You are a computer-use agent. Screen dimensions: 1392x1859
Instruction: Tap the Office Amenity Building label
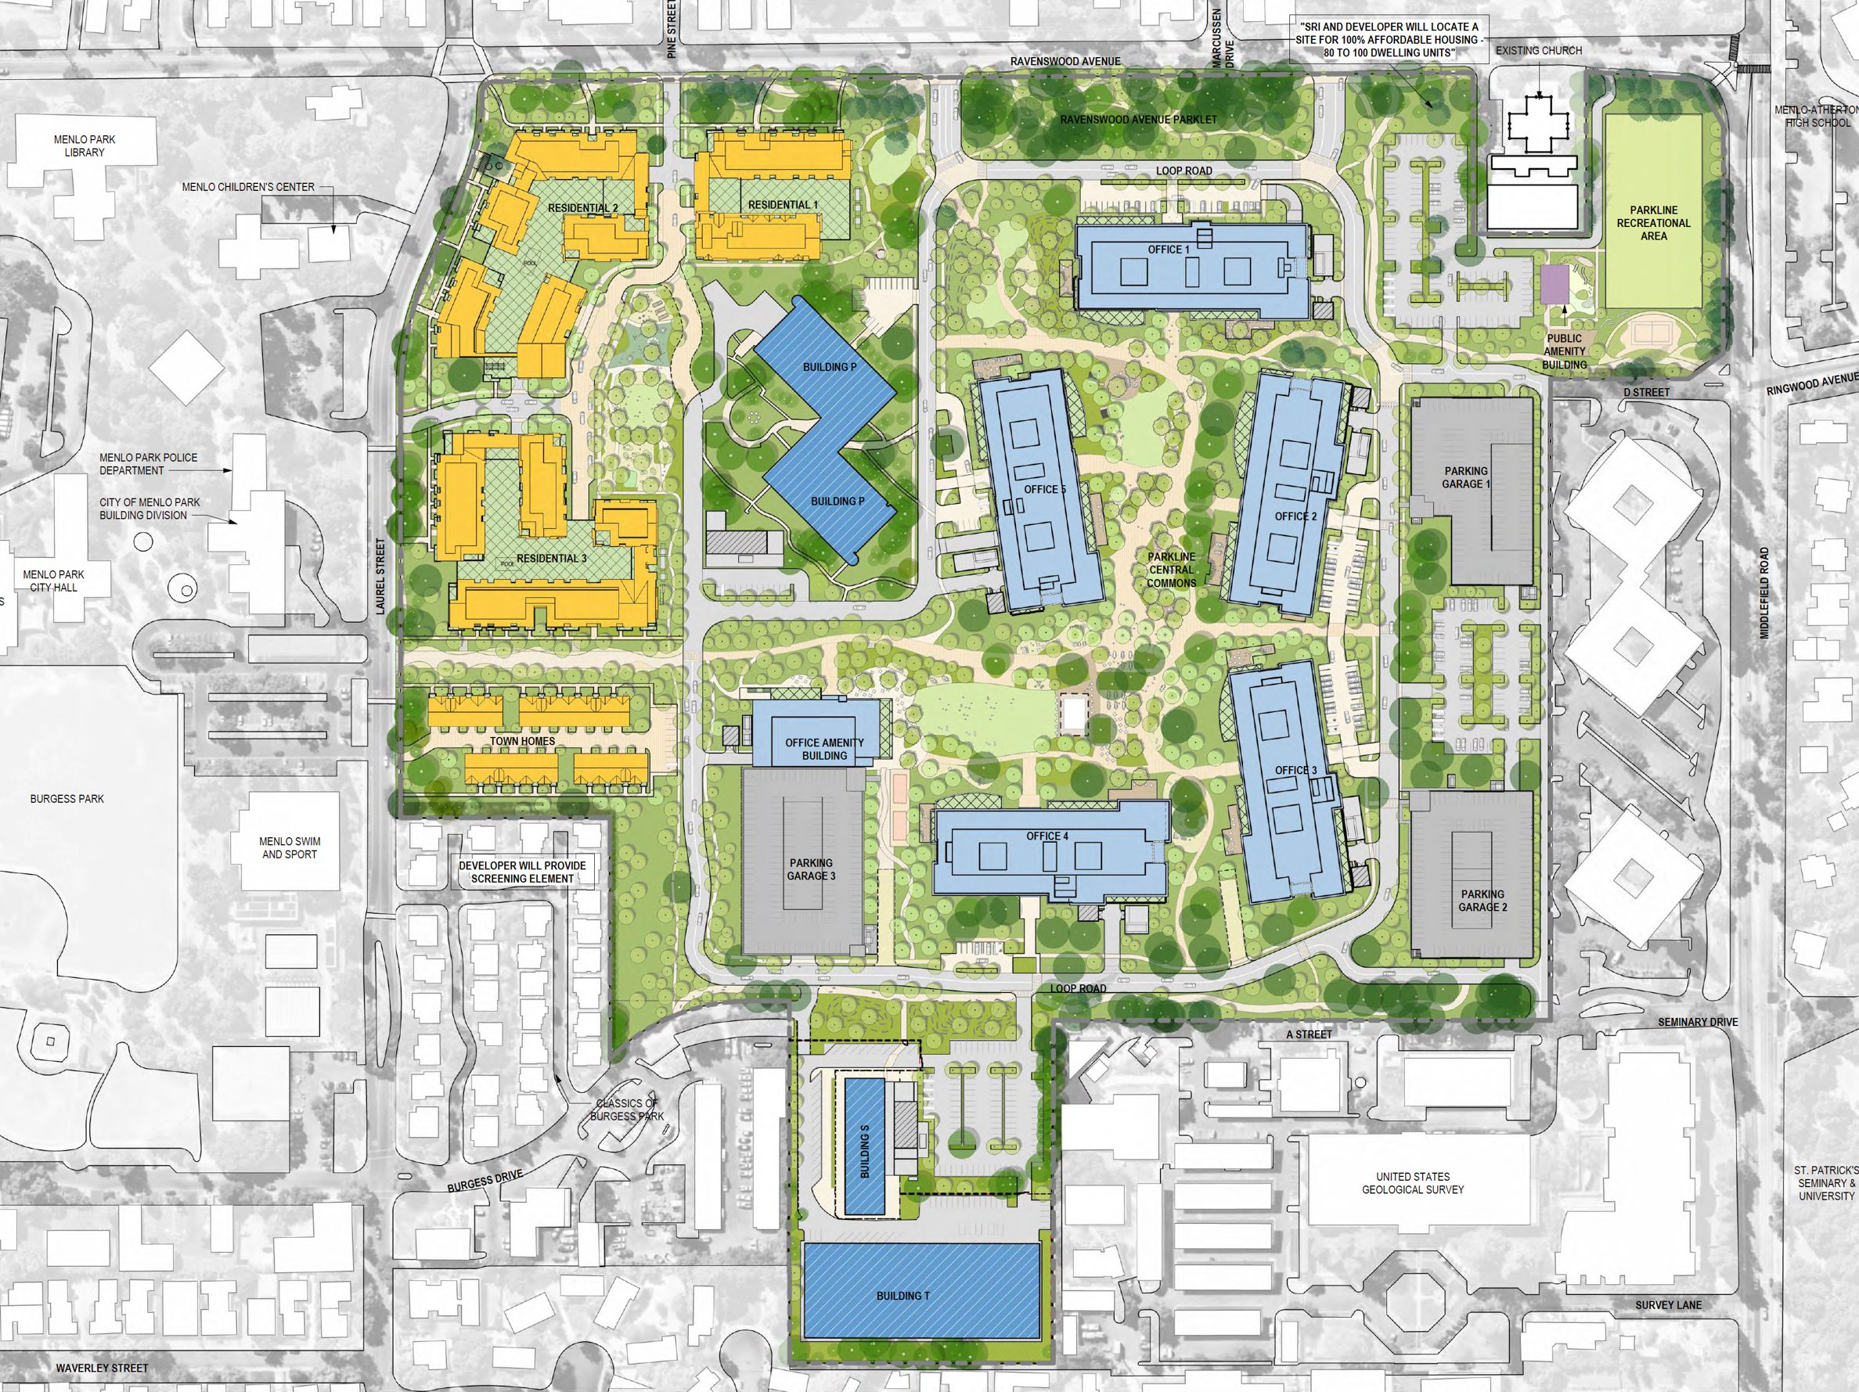point(824,750)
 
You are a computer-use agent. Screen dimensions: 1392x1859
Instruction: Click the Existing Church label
point(1539,51)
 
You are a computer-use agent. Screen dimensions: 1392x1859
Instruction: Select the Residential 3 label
point(547,559)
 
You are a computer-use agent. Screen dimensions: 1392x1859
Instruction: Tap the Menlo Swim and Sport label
point(289,847)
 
